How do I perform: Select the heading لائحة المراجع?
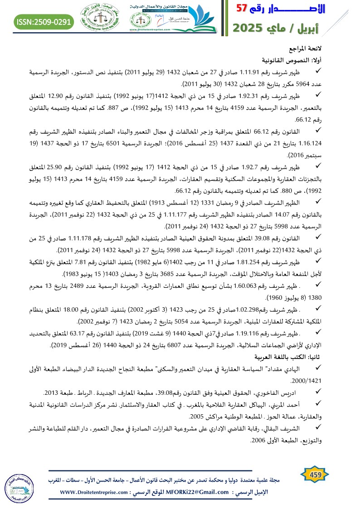click(308, 48)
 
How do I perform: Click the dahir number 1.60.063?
click(257, 286)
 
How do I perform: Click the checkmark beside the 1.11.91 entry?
click(318, 71)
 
